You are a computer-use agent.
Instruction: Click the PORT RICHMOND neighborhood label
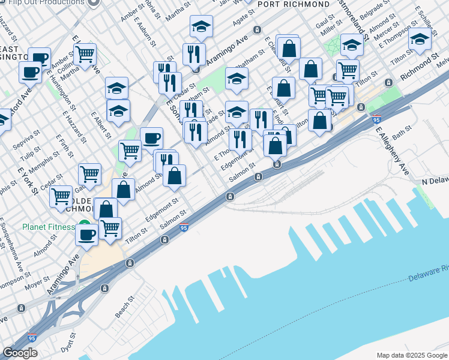[288, 5]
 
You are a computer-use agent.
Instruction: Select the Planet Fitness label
[49, 227]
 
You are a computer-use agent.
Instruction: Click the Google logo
[19, 353]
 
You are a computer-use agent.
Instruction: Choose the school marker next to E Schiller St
[420, 39]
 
